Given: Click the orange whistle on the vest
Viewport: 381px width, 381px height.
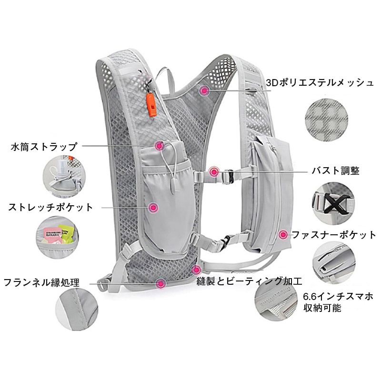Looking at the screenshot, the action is tap(151, 105).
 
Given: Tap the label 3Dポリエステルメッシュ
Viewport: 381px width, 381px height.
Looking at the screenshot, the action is tap(319, 83).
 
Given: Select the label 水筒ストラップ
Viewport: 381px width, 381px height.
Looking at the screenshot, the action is tap(44, 147).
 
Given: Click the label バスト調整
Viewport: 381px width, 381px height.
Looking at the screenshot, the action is tap(335, 171).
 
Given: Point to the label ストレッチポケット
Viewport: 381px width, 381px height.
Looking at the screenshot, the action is tap(50, 207).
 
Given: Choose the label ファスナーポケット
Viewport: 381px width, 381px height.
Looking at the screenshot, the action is tap(333, 235).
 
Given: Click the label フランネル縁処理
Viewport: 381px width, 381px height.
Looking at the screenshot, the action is tap(41, 282).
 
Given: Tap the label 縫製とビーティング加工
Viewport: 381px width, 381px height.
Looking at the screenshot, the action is tap(249, 281).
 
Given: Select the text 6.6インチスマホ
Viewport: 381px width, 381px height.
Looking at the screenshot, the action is tap(338, 297).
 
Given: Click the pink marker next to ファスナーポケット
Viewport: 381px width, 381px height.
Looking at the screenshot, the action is tap(283, 235).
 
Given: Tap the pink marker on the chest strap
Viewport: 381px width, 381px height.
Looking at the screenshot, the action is tap(214, 172).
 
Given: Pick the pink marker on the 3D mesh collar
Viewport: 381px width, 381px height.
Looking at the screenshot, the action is tap(204, 90).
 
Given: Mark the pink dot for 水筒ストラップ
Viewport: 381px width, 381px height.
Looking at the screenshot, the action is tap(160, 146).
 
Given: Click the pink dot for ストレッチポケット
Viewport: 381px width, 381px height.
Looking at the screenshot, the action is tap(153, 208).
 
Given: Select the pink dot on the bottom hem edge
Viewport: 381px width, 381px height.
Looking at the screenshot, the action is tap(160, 283).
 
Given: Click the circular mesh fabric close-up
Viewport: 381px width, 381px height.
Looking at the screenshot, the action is tap(326, 120).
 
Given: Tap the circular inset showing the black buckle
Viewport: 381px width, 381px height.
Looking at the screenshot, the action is tap(333, 204).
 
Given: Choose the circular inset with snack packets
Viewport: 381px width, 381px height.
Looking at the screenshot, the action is tap(58, 237).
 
